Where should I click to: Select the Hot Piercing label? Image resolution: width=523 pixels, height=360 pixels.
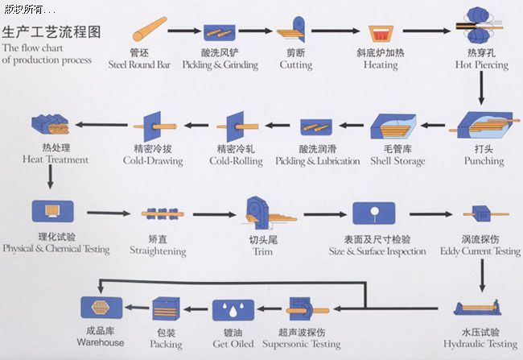pos(481,64)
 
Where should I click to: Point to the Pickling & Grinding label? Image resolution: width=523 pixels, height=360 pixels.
pos(220,64)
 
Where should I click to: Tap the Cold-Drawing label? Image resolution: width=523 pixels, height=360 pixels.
pos(153,161)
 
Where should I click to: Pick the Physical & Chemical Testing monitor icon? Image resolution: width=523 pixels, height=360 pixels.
pos(52,212)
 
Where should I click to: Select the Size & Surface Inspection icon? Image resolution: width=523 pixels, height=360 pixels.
pos(373,213)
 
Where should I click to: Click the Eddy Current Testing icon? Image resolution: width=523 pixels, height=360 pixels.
pos(481,215)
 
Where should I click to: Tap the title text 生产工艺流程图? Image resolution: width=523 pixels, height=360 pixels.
pos(52,34)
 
